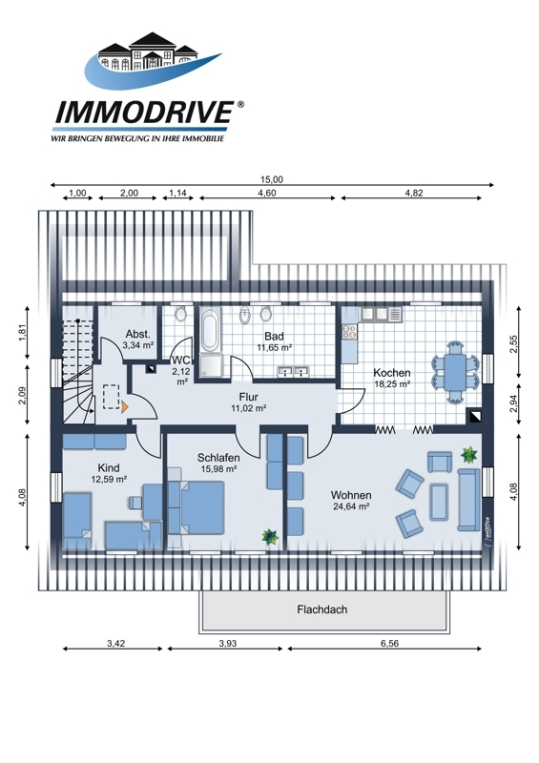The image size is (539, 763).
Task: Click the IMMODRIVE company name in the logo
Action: (x=144, y=113)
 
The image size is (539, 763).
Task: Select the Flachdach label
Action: (x=321, y=609)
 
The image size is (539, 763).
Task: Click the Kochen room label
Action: (x=391, y=373)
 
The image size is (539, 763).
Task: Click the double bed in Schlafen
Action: (x=197, y=507)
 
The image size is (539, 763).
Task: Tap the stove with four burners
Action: (x=349, y=331)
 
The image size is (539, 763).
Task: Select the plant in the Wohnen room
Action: (x=468, y=455)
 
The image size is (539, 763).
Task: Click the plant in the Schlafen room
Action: (x=270, y=537)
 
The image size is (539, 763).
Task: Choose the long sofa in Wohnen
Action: (x=468, y=500)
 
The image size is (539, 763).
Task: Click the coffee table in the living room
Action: (x=439, y=502)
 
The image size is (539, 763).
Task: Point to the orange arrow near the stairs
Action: (x=125, y=407)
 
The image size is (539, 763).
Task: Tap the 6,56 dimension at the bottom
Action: (x=389, y=643)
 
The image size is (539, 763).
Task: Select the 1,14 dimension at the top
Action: (x=177, y=193)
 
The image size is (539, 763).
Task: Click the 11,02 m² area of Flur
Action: (x=248, y=408)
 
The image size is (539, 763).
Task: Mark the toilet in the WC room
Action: (x=180, y=314)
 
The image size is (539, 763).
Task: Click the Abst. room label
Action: (x=137, y=334)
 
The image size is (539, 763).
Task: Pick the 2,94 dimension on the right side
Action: (x=513, y=403)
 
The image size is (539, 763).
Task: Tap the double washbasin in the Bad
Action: (x=294, y=372)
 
